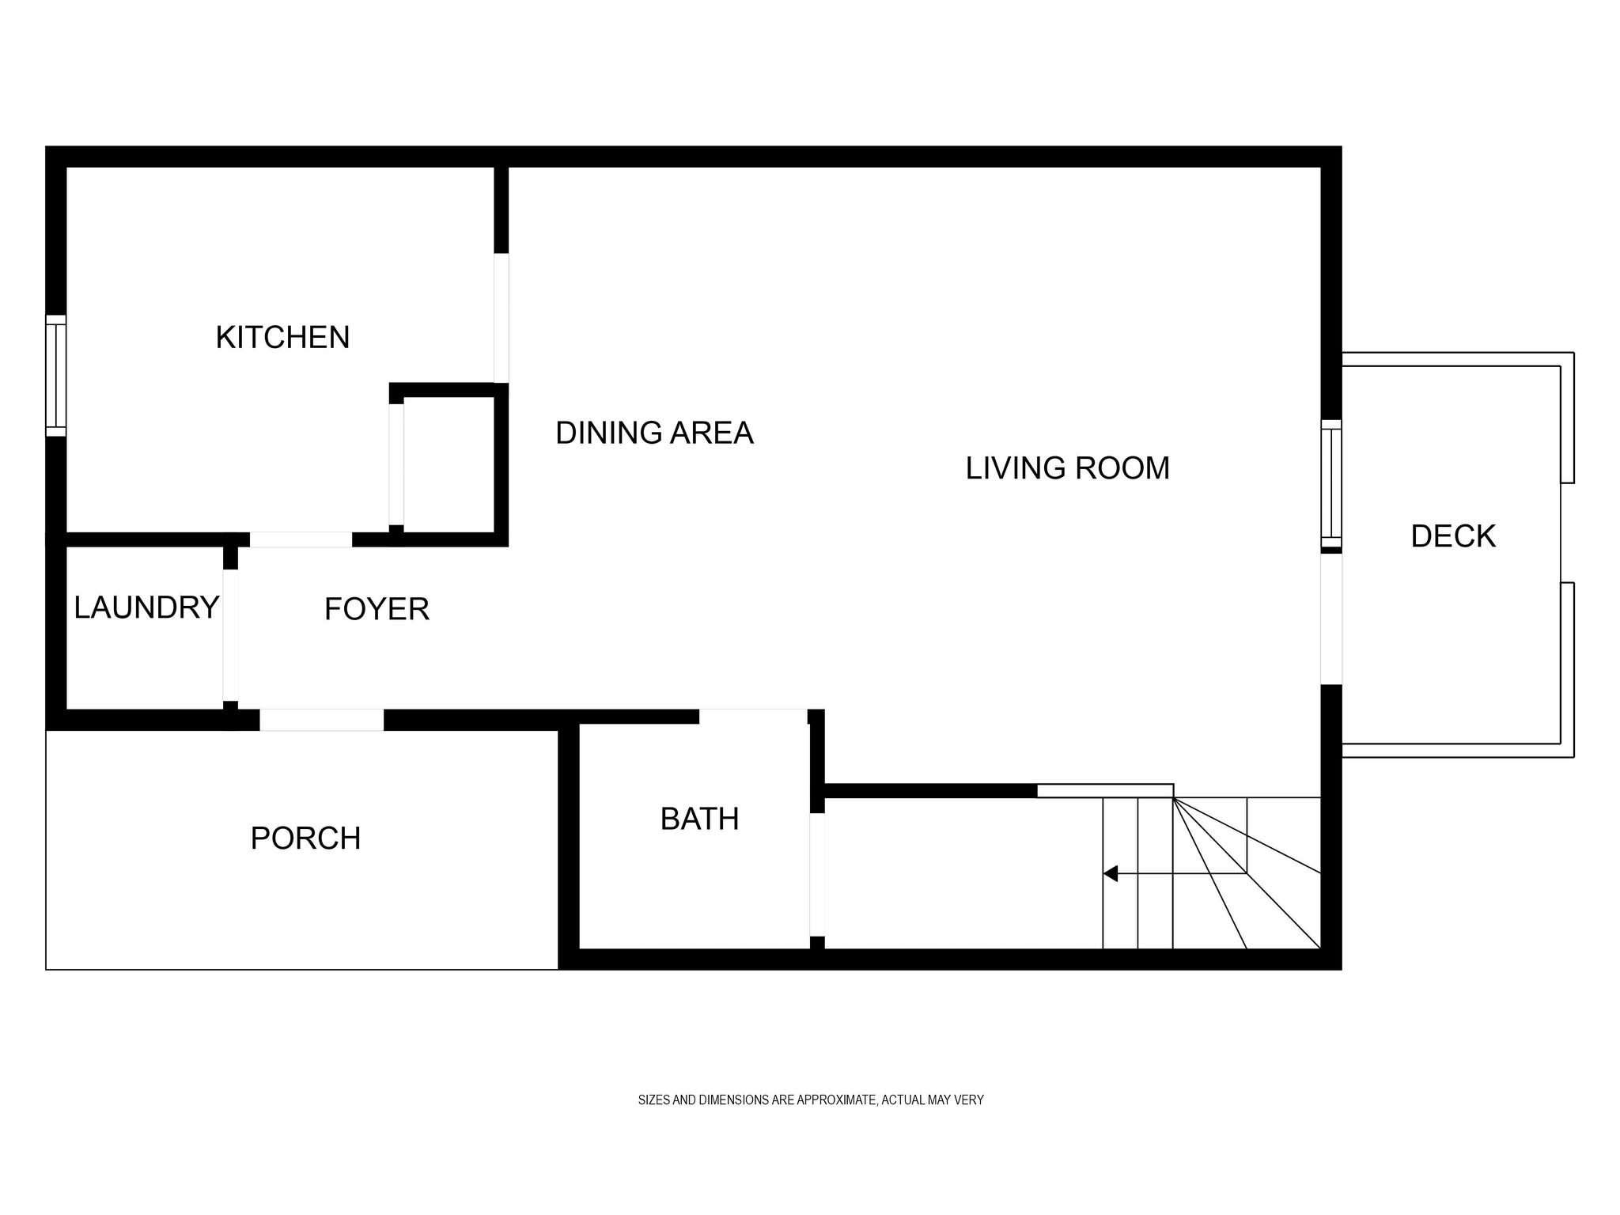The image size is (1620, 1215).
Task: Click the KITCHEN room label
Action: [x=282, y=338]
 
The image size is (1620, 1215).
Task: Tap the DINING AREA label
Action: [x=654, y=433]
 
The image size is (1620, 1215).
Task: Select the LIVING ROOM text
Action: [x=1067, y=468]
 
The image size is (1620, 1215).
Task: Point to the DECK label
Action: [x=1453, y=536]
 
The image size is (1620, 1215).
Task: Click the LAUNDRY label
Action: [x=146, y=607]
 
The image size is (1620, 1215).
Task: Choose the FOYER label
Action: [x=377, y=609]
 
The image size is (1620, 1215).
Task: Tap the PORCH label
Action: [x=305, y=838]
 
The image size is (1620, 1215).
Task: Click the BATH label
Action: [x=699, y=819]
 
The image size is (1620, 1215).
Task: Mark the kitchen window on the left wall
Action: [x=55, y=376]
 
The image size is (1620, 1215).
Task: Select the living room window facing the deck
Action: [x=1332, y=484]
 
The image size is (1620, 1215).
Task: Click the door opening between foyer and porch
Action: [x=322, y=720]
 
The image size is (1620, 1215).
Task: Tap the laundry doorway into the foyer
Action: [x=230, y=635]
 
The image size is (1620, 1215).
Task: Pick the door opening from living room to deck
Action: [x=1332, y=619]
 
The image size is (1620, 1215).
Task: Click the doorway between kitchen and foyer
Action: [x=301, y=539]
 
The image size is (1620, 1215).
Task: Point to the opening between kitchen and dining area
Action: [x=501, y=318]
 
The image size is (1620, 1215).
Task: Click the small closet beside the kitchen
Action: [x=449, y=464]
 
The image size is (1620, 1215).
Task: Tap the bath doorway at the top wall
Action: [x=753, y=717]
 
